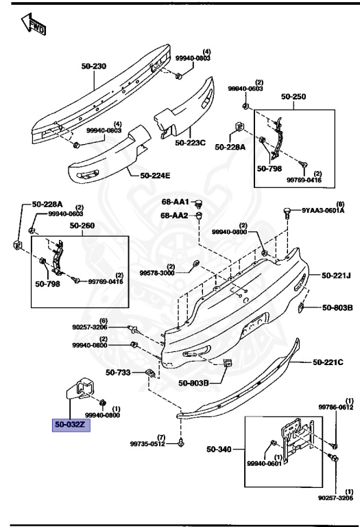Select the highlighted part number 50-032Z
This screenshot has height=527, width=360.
coord(70,424)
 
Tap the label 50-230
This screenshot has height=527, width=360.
coord(94,67)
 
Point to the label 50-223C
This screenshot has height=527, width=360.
coord(190,143)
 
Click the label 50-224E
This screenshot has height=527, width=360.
coord(155,176)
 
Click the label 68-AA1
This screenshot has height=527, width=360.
coord(175,202)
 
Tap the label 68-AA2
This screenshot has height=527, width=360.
coord(175,215)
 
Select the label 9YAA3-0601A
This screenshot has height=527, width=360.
coord(326,211)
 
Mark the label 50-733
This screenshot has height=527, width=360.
coord(119,373)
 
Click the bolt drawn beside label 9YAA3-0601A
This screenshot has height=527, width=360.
coord(287,214)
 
